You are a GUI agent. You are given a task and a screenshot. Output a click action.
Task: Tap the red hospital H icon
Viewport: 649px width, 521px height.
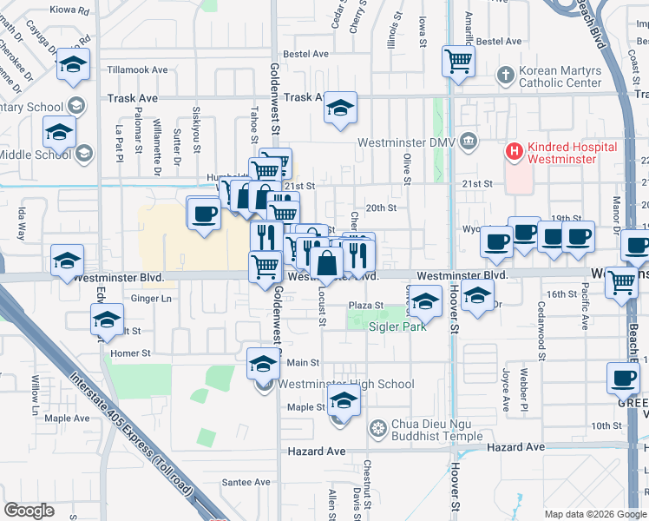click(x=515, y=151)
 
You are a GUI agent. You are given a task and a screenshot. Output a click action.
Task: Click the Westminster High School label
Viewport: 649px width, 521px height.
click(x=346, y=385)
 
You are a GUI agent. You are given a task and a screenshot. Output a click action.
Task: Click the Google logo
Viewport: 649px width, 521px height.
click(x=29, y=511)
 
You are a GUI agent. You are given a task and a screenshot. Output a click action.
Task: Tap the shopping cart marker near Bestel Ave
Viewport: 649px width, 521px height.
click(x=458, y=60)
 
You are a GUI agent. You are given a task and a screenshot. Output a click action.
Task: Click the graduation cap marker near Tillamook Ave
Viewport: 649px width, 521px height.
click(x=74, y=64)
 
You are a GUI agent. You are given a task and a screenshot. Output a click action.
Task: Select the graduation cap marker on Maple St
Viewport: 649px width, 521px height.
click(x=344, y=402)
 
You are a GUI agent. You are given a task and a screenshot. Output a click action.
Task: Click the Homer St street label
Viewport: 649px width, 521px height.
click(x=131, y=353)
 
